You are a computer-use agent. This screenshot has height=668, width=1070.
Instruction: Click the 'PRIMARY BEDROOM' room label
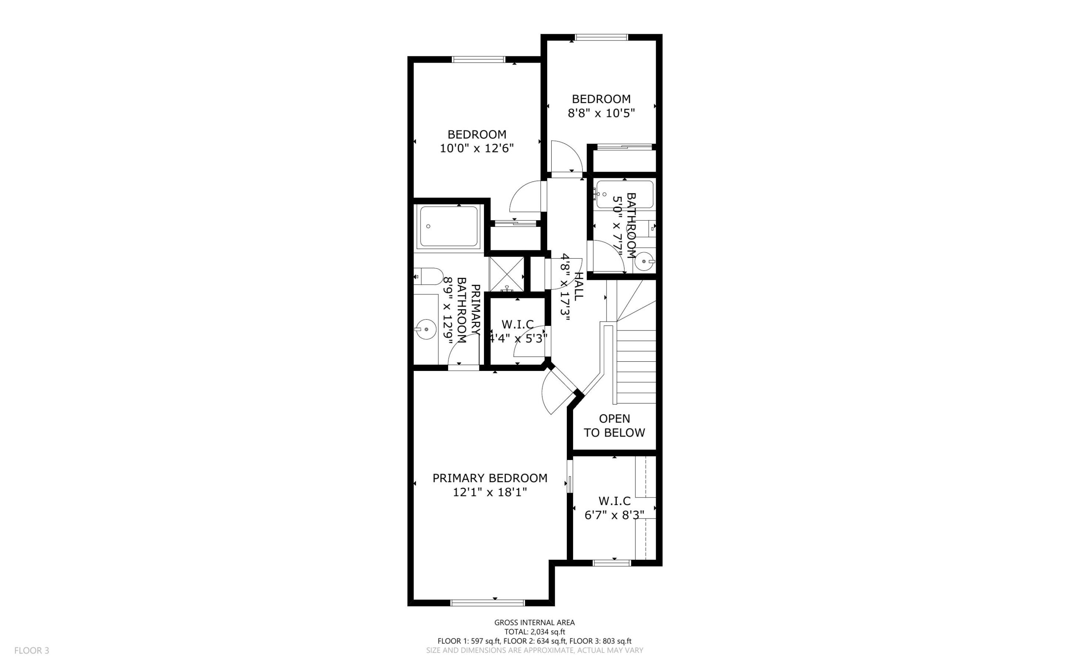(490, 478)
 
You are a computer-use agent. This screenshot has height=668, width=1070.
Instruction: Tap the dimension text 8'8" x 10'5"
(601, 114)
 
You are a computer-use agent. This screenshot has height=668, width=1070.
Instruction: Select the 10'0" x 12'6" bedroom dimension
(476, 148)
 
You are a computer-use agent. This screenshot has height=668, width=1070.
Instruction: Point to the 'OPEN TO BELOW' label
(614, 425)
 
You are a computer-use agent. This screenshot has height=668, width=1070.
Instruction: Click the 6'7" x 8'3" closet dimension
(614, 515)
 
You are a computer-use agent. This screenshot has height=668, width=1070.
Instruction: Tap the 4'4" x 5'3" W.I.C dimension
(517, 338)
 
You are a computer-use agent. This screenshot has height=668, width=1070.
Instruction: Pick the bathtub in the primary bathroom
(448, 226)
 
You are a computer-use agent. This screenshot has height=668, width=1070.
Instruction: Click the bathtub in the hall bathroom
(624, 194)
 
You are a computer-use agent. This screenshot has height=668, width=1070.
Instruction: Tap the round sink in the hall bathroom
(645, 262)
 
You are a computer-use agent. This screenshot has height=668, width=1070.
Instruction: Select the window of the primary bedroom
(487, 602)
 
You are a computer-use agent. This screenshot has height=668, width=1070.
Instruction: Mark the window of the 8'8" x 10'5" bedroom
(601, 37)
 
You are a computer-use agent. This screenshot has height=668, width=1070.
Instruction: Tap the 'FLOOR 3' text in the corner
(32, 650)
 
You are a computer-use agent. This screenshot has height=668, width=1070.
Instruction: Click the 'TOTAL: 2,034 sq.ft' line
(535, 632)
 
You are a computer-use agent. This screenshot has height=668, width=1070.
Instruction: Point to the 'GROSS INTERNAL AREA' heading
(535, 622)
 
